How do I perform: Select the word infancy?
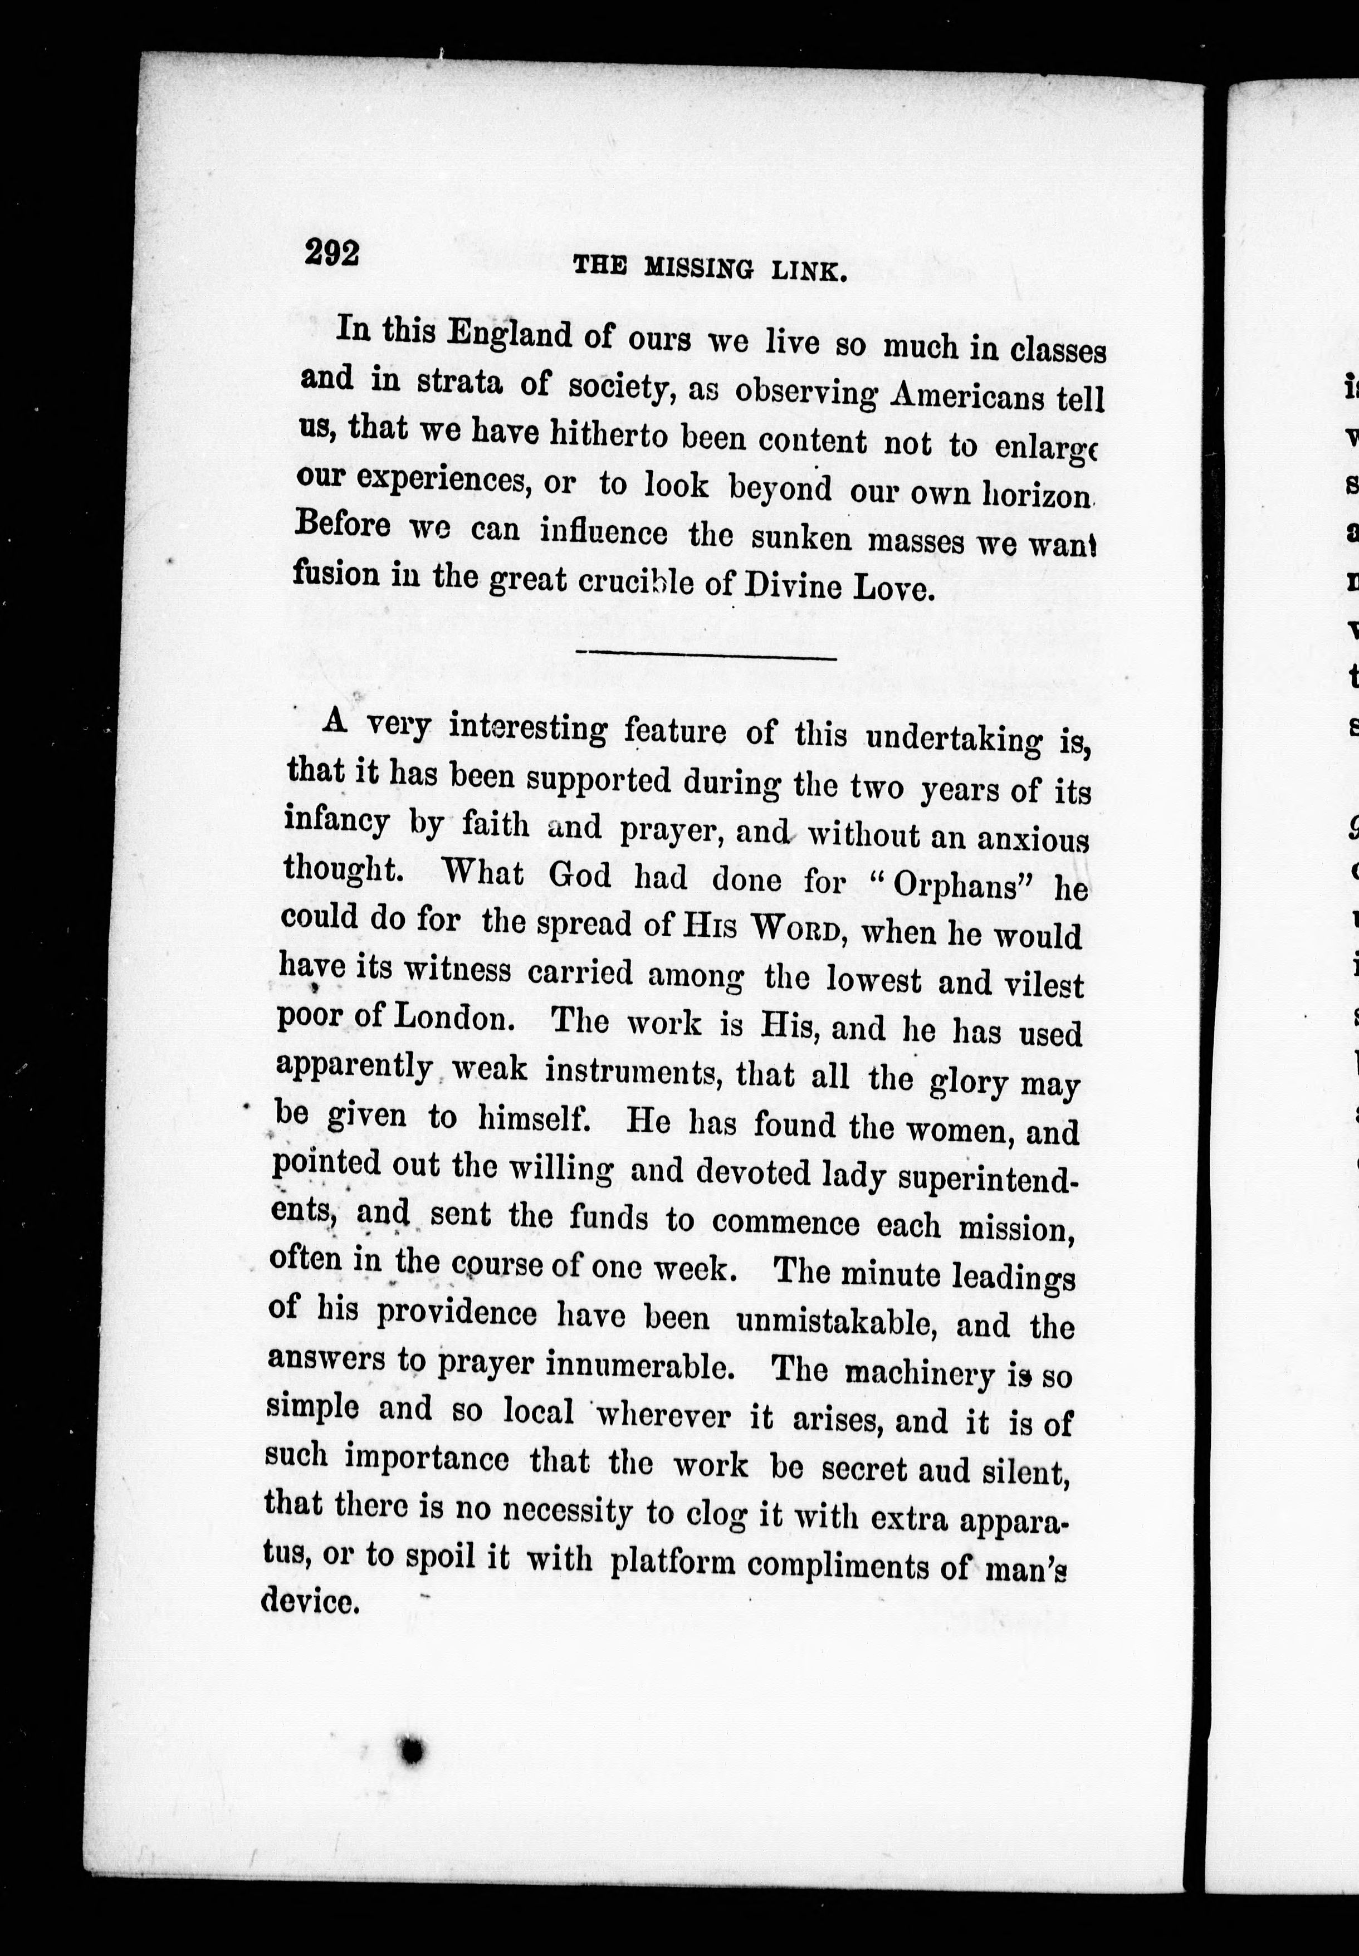[x=336, y=823]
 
